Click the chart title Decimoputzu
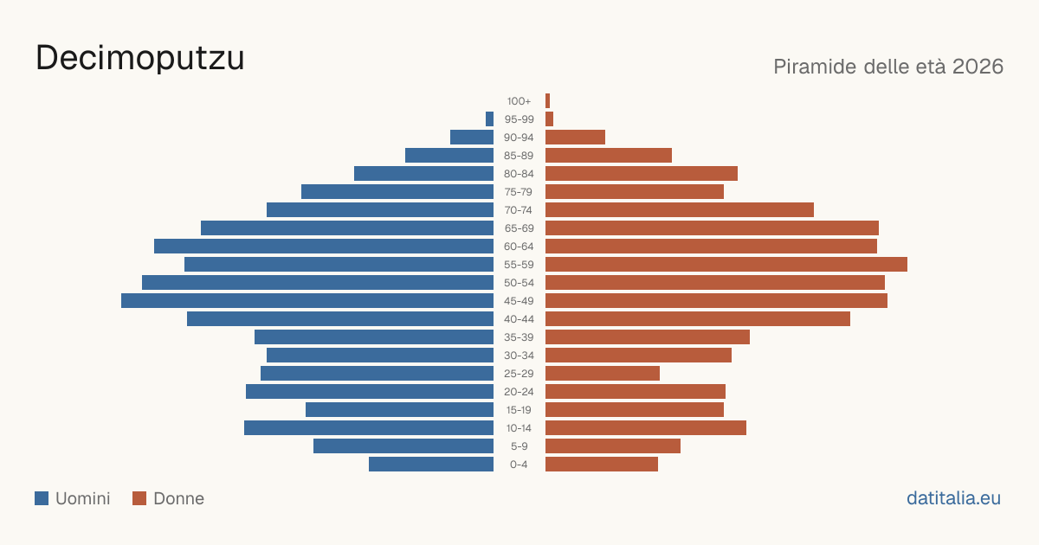[x=140, y=59]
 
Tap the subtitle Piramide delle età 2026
[x=888, y=67]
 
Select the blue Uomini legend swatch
[x=42, y=498]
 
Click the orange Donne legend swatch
[x=139, y=498]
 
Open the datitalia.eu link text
[x=953, y=498]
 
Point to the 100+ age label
[x=519, y=101]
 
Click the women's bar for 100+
[x=548, y=101]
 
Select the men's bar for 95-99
[x=490, y=119]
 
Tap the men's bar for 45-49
[x=307, y=301]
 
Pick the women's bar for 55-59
[x=726, y=265]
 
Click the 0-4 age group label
[x=519, y=465]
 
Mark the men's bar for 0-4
[x=431, y=465]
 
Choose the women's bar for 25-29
[x=603, y=374]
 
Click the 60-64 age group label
[x=519, y=247]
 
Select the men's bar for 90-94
[x=472, y=138]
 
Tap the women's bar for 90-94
[x=576, y=138]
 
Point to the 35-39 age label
[x=519, y=337]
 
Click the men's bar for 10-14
[x=369, y=427]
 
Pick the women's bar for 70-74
[x=680, y=210]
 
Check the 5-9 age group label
[x=519, y=446]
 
